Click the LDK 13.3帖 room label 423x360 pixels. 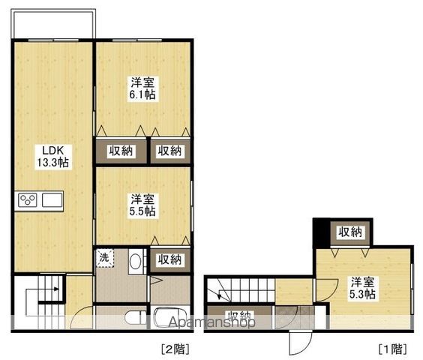point(53,157)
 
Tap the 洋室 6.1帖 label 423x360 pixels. point(142,88)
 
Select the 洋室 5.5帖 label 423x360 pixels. point(142,205)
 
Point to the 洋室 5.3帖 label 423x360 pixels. point(362,288)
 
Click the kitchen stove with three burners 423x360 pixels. point(28,200)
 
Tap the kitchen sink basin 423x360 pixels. point(52,200)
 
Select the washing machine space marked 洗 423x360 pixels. point(105,258)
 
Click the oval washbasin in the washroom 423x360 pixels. point(135,261)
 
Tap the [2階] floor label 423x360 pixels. point(175,349)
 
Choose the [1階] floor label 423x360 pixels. point(393,349)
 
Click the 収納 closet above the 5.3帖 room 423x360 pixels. point(350,232)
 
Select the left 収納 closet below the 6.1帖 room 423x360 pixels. point(121,151)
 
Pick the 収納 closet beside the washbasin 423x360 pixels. point(170,260)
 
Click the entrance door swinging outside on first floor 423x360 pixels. point(300,343)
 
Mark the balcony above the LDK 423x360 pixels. point(53,24)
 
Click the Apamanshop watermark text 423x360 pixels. point(211,322)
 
